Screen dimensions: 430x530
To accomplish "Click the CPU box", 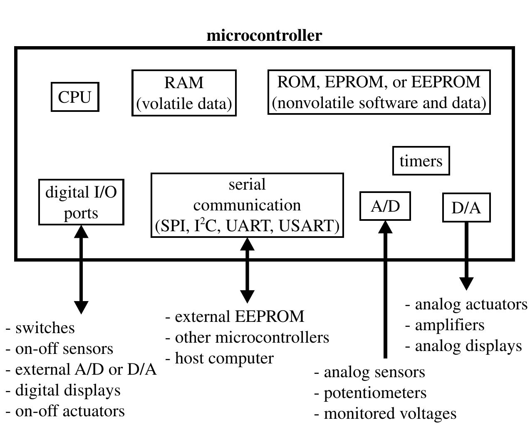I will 75,97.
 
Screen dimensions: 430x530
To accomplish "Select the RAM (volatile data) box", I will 184,93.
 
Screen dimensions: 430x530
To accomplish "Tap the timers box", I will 421,161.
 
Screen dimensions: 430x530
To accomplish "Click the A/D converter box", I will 385,206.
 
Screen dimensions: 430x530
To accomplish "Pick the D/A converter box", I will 466,208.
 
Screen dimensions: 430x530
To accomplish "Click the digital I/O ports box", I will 81,202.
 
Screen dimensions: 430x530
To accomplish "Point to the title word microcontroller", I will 264,35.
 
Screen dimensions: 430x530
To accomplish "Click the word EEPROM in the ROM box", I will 446,82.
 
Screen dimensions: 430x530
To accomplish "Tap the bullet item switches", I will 45,328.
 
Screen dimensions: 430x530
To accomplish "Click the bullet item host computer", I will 224,358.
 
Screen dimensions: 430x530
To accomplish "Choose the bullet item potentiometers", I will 375,393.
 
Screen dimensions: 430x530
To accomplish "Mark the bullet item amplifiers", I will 449,325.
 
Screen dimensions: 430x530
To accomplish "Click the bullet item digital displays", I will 68,390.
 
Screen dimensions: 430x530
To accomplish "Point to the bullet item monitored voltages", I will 390,413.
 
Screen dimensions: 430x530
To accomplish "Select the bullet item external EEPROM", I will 239,316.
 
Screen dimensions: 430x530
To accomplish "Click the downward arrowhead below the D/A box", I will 466,284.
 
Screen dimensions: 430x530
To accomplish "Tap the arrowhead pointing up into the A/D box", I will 385,227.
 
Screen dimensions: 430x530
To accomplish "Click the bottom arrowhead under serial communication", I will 248,296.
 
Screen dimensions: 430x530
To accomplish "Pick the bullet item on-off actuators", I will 70,411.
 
